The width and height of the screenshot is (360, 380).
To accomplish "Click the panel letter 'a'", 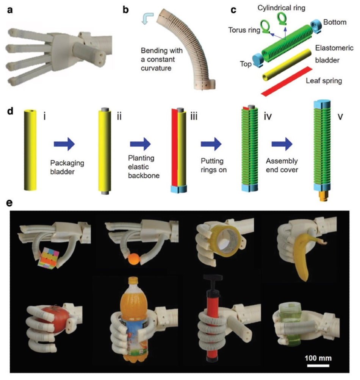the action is [x=10, y=10].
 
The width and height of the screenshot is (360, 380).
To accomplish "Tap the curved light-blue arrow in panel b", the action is [x=147, y=18].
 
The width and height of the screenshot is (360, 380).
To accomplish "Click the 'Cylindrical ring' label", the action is [x=281, y=8].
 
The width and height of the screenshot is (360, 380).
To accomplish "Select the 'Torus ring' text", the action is [x=244, y=30].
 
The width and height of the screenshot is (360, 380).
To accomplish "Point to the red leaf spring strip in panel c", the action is [x=286, y=81].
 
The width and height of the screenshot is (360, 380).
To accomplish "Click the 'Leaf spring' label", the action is [x=324, y=81].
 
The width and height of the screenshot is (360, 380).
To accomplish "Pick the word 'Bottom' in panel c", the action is [x=335, y=22].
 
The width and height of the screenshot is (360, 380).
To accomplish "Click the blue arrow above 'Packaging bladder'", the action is [x=64, y=144].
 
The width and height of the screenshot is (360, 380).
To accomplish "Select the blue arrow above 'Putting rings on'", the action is [x=211, y=144].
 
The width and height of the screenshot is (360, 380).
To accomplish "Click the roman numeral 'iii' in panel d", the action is [x=194, y=117].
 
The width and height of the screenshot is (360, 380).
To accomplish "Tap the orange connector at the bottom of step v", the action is [x=322, y=195].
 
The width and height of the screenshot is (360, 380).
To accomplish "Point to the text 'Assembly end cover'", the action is [x=282, y=165].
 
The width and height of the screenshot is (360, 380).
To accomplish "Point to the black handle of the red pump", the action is [x=213, y=277].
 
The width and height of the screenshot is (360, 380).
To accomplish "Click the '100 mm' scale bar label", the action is [x=318, y=358].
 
